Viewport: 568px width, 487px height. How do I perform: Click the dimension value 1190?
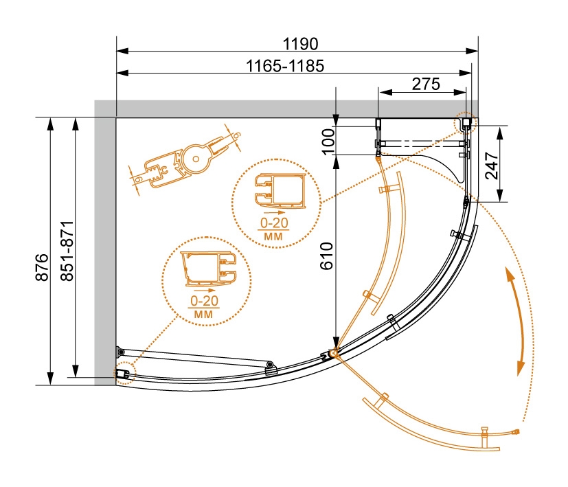point(300,44)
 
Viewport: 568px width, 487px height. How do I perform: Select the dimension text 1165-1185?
point(285,66)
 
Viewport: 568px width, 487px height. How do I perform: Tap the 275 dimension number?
point(426,84)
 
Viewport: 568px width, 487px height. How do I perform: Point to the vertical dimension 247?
point(492,166)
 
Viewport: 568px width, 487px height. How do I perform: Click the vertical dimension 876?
point(42,267)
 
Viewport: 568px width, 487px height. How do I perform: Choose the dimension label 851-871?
point(67,251)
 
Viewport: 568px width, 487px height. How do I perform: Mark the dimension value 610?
point(327,256)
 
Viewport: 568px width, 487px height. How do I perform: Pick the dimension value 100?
point(328,141)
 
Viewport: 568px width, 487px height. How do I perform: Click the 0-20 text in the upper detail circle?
point(275,223)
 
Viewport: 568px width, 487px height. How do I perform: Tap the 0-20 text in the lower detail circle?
point(205,301)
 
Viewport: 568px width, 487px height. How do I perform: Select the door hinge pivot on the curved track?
point(333,352)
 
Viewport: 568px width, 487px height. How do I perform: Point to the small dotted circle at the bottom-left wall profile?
point(124,373)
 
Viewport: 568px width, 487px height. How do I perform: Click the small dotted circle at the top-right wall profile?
point(464,122)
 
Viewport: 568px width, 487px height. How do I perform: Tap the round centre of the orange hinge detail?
point(196,159)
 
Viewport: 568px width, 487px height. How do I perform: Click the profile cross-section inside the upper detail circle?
point(280,192)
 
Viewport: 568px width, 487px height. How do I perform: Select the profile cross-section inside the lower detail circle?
point(208,269)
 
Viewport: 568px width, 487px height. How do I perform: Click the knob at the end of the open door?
point(516,431)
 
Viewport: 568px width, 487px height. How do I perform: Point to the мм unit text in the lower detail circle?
point(203,314)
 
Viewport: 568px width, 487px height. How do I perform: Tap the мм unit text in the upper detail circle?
point(273,236)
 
